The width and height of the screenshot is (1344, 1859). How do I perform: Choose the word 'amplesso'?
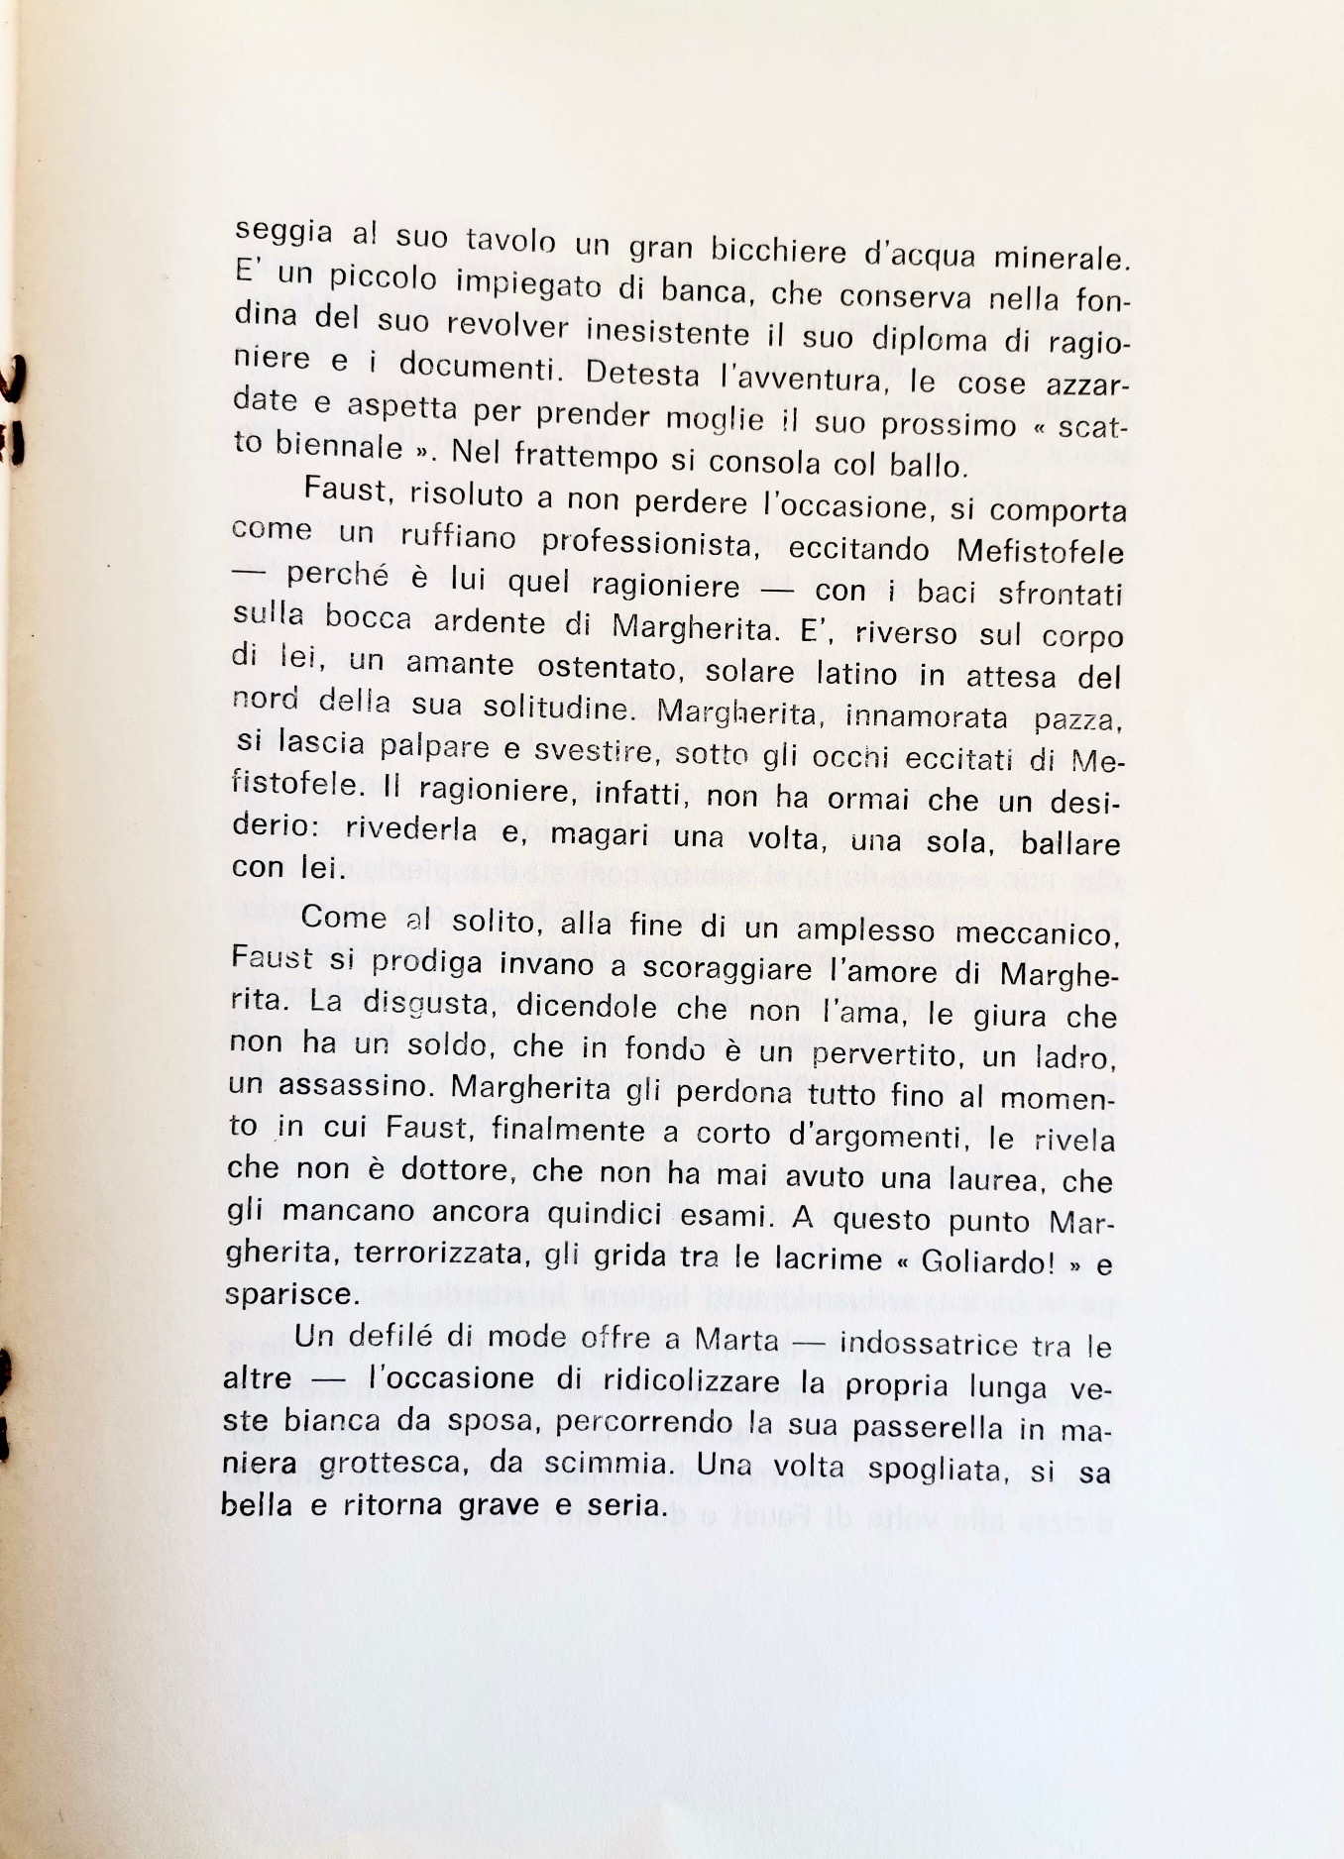(861, 929)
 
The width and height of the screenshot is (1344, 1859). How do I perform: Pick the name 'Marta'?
(735, 1340)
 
